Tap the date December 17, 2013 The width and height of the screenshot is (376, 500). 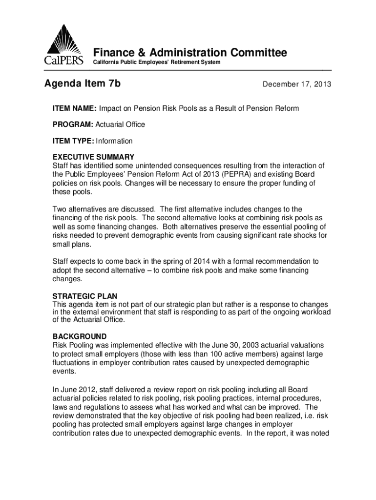tap(297, 84)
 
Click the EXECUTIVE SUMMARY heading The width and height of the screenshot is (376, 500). tap(93, 157)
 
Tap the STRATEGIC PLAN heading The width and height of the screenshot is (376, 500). tap(84, 296)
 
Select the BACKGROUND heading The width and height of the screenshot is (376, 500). tap(79, 336)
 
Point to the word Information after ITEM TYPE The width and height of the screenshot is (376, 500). tap(114, 141)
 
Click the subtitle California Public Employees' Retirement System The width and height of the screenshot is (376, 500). tap(157, 62)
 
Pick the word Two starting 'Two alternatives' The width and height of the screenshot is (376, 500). tap(60, 209)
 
